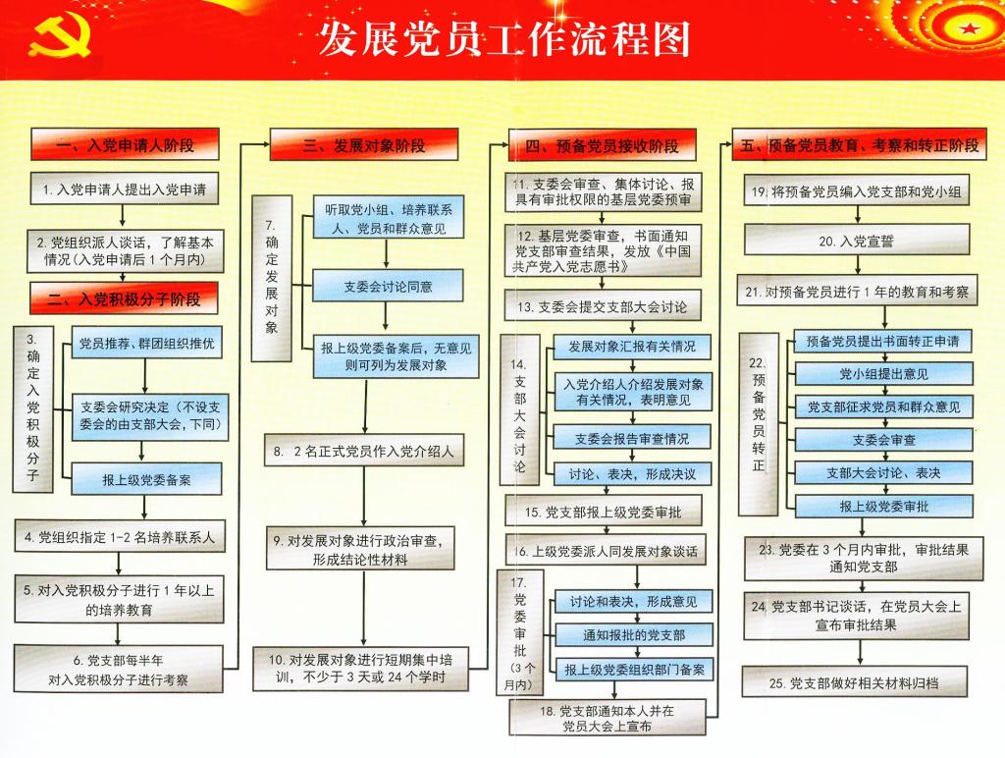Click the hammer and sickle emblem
pos(60,36)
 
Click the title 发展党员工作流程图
pos(503,38)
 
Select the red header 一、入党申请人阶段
pos(125,145)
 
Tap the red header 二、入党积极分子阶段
pos(124,298)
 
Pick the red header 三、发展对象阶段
pos(364,145)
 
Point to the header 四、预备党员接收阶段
pos(602,145)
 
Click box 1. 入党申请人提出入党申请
pos(125,189)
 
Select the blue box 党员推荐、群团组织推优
pos(147,343)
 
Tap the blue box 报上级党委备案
pos(147,480)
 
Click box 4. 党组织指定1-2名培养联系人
pos(120,537)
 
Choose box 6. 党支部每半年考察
pos(119,670)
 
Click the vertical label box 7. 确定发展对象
pos(272,278)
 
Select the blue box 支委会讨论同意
pos(388,286)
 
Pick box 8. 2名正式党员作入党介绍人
pos(364,450)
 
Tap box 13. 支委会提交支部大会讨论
pos(603,306)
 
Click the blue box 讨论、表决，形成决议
pos(633,474)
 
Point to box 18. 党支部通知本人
pos(608,718)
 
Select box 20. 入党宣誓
pos(857,241)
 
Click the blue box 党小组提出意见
pos(884,373)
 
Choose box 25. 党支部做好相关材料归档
pos(855,681)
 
